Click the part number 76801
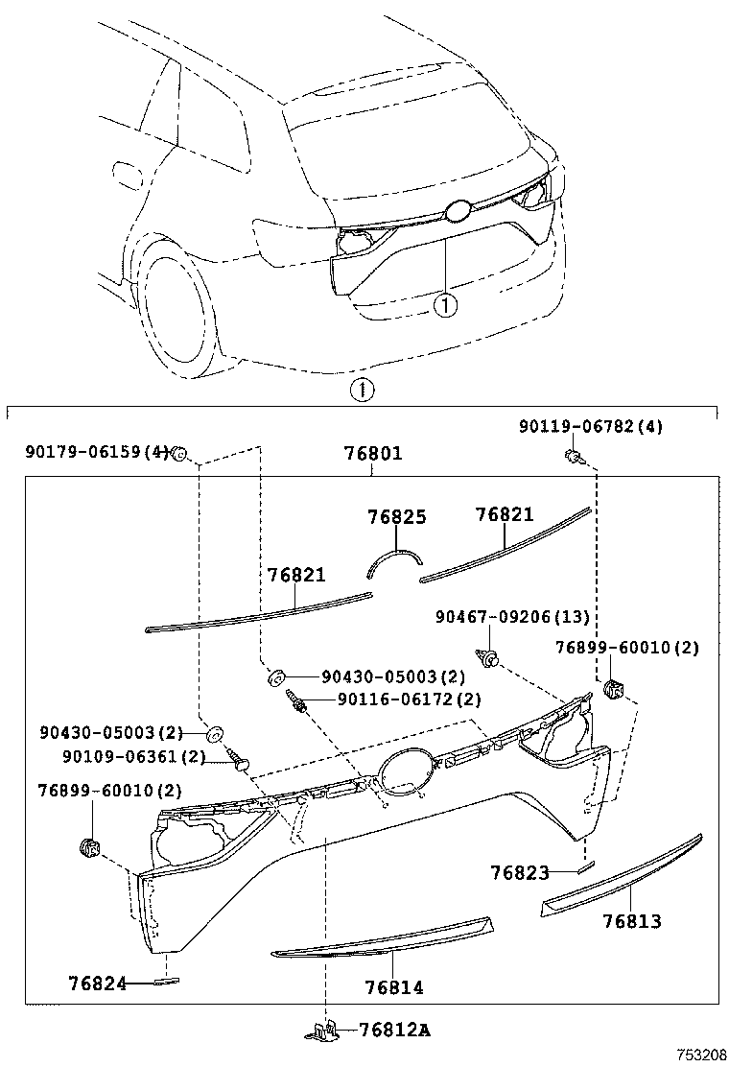373,454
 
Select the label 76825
396,517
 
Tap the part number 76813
632,921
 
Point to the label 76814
394,986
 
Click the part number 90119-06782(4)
590,426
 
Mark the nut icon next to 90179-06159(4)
178,453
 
